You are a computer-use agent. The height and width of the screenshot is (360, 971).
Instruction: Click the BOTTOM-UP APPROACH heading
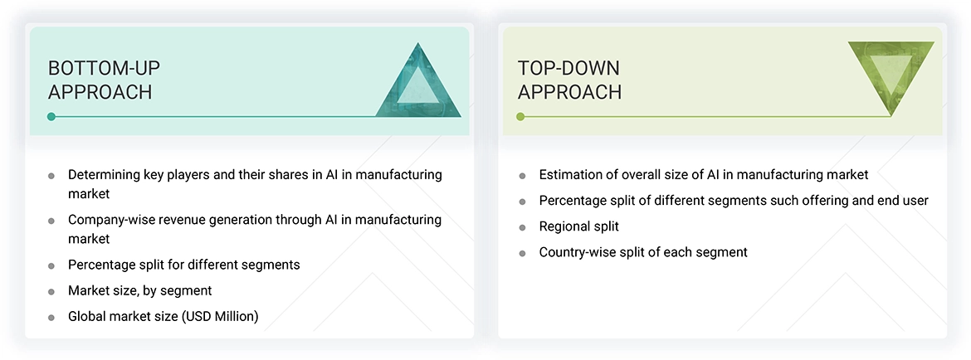coord(100,80)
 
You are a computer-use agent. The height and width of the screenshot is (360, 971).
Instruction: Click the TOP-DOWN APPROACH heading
coord(569,80)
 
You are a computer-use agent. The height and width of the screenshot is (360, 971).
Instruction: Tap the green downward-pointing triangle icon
coord(890,76)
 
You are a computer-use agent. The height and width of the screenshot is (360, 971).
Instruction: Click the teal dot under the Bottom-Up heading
coord(51,117)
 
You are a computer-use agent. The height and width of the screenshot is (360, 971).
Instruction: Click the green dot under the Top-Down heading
coord(520,117)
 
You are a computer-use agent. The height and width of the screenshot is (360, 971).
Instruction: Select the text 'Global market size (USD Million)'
coord(163,316)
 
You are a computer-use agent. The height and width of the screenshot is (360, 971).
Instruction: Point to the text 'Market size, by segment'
coord(139,290)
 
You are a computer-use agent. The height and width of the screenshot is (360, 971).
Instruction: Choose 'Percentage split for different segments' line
coord(183,265)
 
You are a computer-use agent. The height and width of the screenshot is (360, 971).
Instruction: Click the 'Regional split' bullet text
coord(578,226)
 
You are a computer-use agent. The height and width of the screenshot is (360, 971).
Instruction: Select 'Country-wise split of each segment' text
coord(643,252)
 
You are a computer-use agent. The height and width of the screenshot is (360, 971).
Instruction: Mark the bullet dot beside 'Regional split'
coord(522,227)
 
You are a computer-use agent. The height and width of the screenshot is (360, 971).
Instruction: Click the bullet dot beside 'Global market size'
coord(51,317)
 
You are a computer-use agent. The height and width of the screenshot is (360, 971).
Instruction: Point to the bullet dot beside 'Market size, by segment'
coord(51,291)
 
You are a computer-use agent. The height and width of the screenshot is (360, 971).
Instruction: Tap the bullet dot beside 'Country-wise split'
coord(522,253)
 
